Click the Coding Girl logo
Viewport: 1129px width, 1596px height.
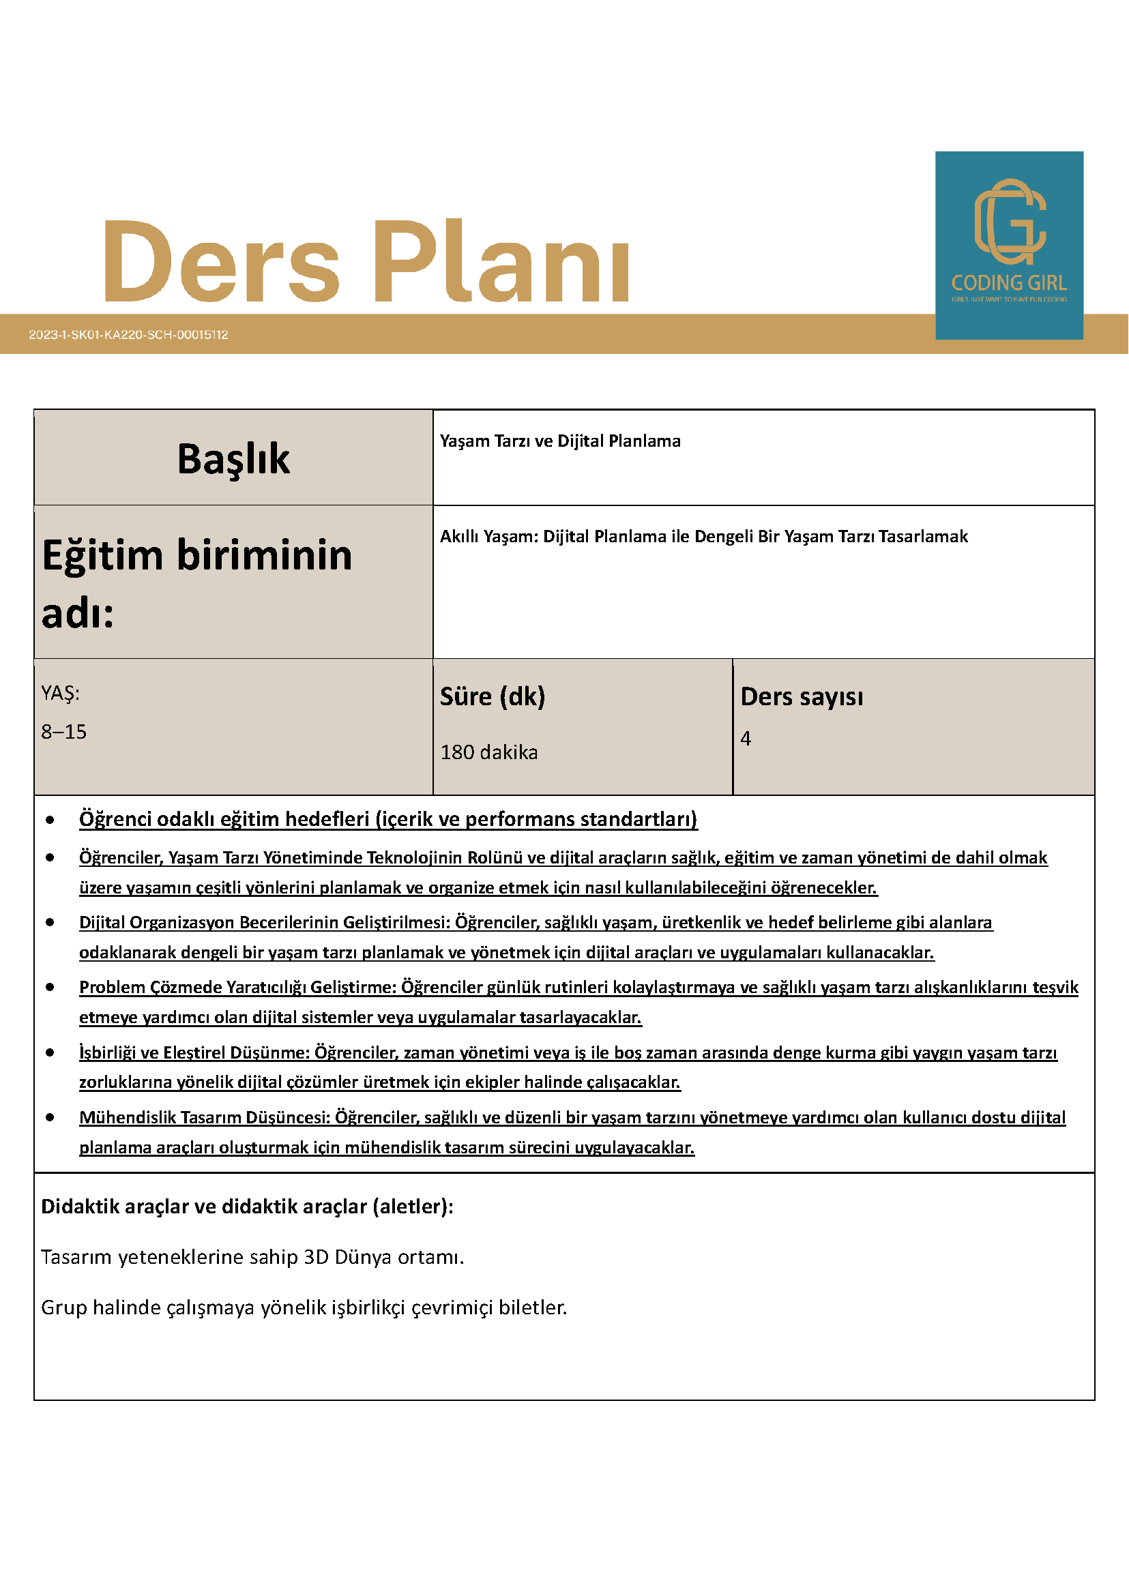pyautogui.click(x=1009, y=245)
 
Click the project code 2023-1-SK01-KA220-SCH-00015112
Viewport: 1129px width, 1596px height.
pyautogui.click(x=129, y=334)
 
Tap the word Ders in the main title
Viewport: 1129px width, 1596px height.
pyautogui.click(x=221, y=261)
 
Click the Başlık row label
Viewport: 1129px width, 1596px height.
pyautogui.click(x=233, y=459)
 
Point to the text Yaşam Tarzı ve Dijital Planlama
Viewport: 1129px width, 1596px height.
pyautogui.click(x=559, y=441)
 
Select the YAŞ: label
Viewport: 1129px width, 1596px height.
pyautogui.click(x=61, y=693)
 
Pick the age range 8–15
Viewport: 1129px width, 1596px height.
pyautogui.click(x=64, y=731)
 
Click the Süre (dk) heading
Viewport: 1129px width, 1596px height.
pyautogui.click(x=493, y=696)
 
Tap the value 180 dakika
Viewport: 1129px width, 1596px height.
pyautogui.click(x=488, y=752)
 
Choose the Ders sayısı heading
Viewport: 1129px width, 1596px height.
pyautogui.click(x=802, y=696)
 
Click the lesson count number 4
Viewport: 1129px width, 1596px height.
pyautogui.click(x=746, y=738)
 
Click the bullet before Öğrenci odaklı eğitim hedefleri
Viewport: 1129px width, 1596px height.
pyautogui.click(x=50, y=821)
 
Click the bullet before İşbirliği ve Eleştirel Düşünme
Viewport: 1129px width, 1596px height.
pyautogui.click(x=50, y=1052)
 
